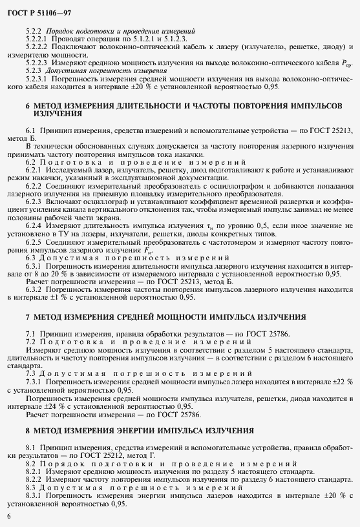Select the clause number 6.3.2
pos(36,290)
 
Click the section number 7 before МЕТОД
pos(28,317)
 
